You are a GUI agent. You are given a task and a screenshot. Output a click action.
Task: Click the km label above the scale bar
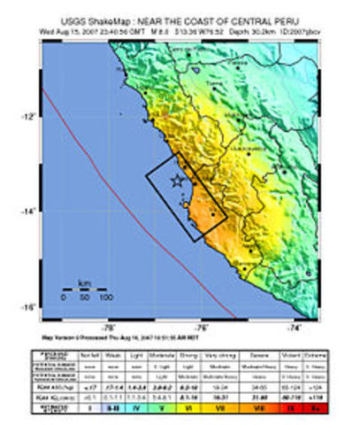(x=85, y=283)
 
